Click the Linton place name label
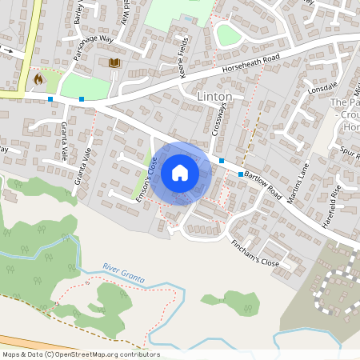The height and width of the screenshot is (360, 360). (x=214, y=97)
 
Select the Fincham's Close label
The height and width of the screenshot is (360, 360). (x=254, y=253)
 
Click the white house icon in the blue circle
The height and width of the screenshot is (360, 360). (x=180, y=172)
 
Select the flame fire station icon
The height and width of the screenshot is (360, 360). (x=38, y=79)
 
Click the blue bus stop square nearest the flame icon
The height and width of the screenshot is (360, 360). (x=50, y=99)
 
